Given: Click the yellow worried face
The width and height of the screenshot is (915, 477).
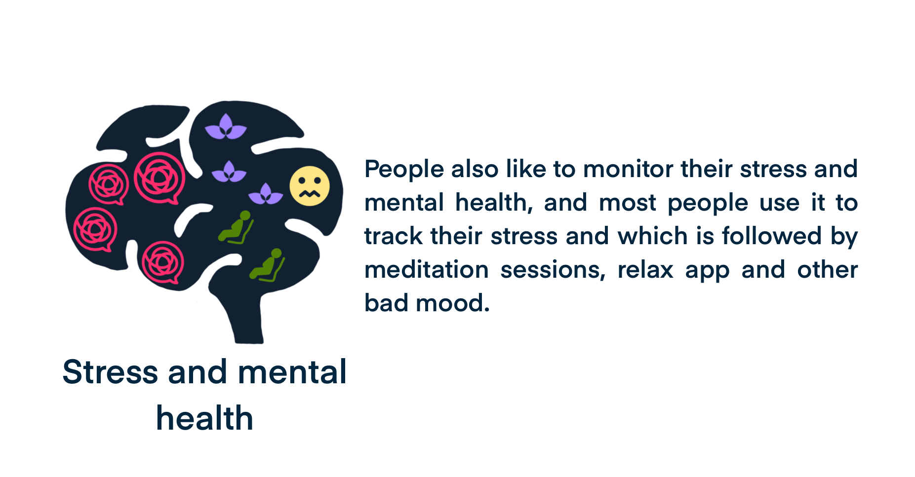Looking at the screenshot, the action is (x=310, y=186).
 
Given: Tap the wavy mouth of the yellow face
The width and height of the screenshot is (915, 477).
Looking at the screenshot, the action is (x=310, y=193).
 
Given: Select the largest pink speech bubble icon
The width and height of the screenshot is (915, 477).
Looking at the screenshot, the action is (x=159, y=178).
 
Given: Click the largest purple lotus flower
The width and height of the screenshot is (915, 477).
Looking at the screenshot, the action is (x=226, y=127).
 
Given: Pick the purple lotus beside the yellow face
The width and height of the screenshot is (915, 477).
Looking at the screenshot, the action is (x=266, y=194).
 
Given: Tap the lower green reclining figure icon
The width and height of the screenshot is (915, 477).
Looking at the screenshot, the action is (x=268, y=265).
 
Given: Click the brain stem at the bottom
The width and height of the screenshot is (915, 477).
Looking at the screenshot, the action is (x=247, y=316).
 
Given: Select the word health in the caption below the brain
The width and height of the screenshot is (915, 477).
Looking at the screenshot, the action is (x=204, y=418).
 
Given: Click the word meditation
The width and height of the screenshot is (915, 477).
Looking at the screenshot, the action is (x=427, y=270).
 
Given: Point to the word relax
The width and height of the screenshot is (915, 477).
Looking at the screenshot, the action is (x=645, y=270).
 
